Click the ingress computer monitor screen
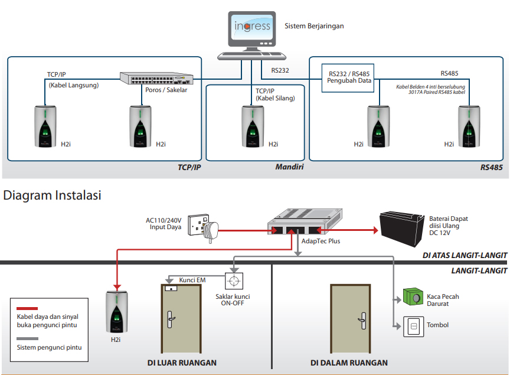pyautogui.click(x=252, y=27)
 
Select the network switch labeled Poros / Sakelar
pyautogui.click(x=156, y=78)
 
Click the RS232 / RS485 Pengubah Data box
pyautogui.click(x=348, y=78)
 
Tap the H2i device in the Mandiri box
pyautogui.click(x=253, y=126)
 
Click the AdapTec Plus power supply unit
pyautogui.click(x=305, y=221)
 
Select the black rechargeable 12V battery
pyautogui.click(x=402, y=229)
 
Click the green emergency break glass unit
pyautogui.click(x=413, y=296)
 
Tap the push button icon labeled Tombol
pyautogui.click(x=413, y=327)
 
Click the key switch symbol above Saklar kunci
pyautogui.click(x=234, y=281)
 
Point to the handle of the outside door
pyautogui.click(x=171, y=319)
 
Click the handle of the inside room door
pyautogui.click(x=362, y=321)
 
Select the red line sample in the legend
pyautogui.click(x=27, y=308)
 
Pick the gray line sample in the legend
pyautogui.click(x=27, y=338)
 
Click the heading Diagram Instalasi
pyautogui.click(x=52, y=195)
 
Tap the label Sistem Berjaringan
pyautogui.click(x=314, y=26)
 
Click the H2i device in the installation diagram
pyautogui.click(x=117, y=312)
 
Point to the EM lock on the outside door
pyautogui.click(x=171, y=288)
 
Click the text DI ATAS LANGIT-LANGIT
pyautogui.click(x=465, y=256)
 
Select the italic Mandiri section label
pyautogui.click(x=289, y=167)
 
